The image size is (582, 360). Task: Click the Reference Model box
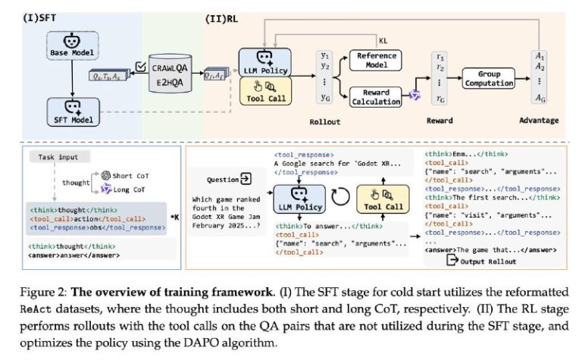377,60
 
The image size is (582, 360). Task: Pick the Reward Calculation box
376,97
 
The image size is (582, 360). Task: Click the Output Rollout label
488,261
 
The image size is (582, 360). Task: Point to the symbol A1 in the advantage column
539,56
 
